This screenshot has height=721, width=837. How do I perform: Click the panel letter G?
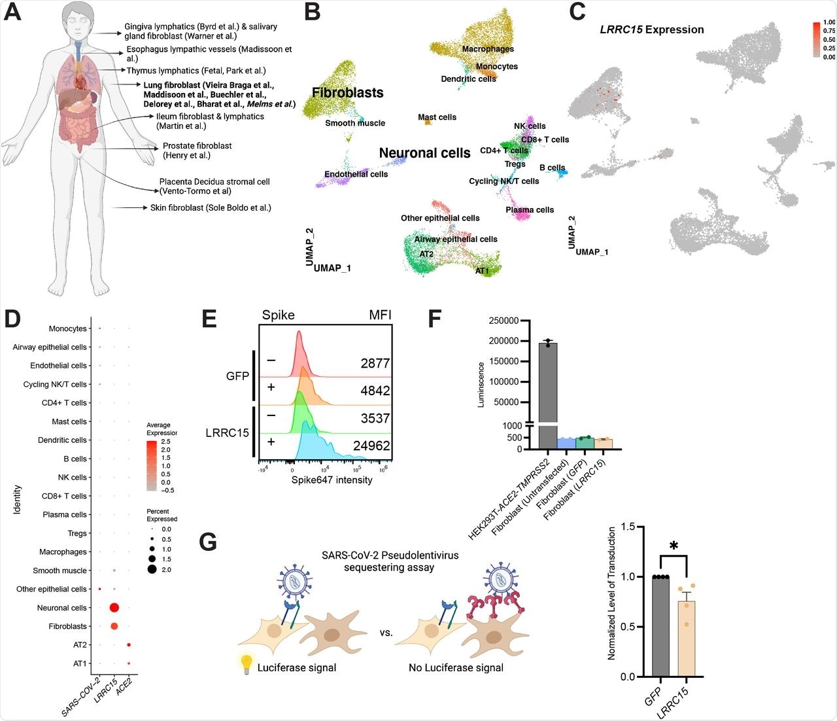pyautogui.click(x=208, y=542)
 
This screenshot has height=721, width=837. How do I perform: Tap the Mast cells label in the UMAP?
pyautogui.click(x=437, y=117)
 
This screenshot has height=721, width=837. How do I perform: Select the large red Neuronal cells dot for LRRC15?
pyautogui.click(x=114, y=608)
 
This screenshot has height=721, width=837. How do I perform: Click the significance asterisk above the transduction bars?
pyautogui.click(x=674, y=546)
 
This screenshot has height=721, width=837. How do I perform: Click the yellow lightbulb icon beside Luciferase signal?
pyautogui.click(x=247, y=663)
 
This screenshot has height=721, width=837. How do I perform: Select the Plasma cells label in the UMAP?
pyautogui.click(x=530, y=210)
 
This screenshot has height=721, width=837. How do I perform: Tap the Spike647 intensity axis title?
pyautogui.click(x=327, y=480)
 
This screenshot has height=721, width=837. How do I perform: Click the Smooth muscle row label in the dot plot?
pyautogui.click(x=60, y=571)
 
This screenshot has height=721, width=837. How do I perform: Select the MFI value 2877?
pyautogui.click(x=375, y=363)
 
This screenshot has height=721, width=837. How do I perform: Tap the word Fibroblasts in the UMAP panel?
pyautogui.click(x=347, y=93)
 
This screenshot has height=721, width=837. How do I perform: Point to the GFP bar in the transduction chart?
pyautogui.click(x=660, y=626)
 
